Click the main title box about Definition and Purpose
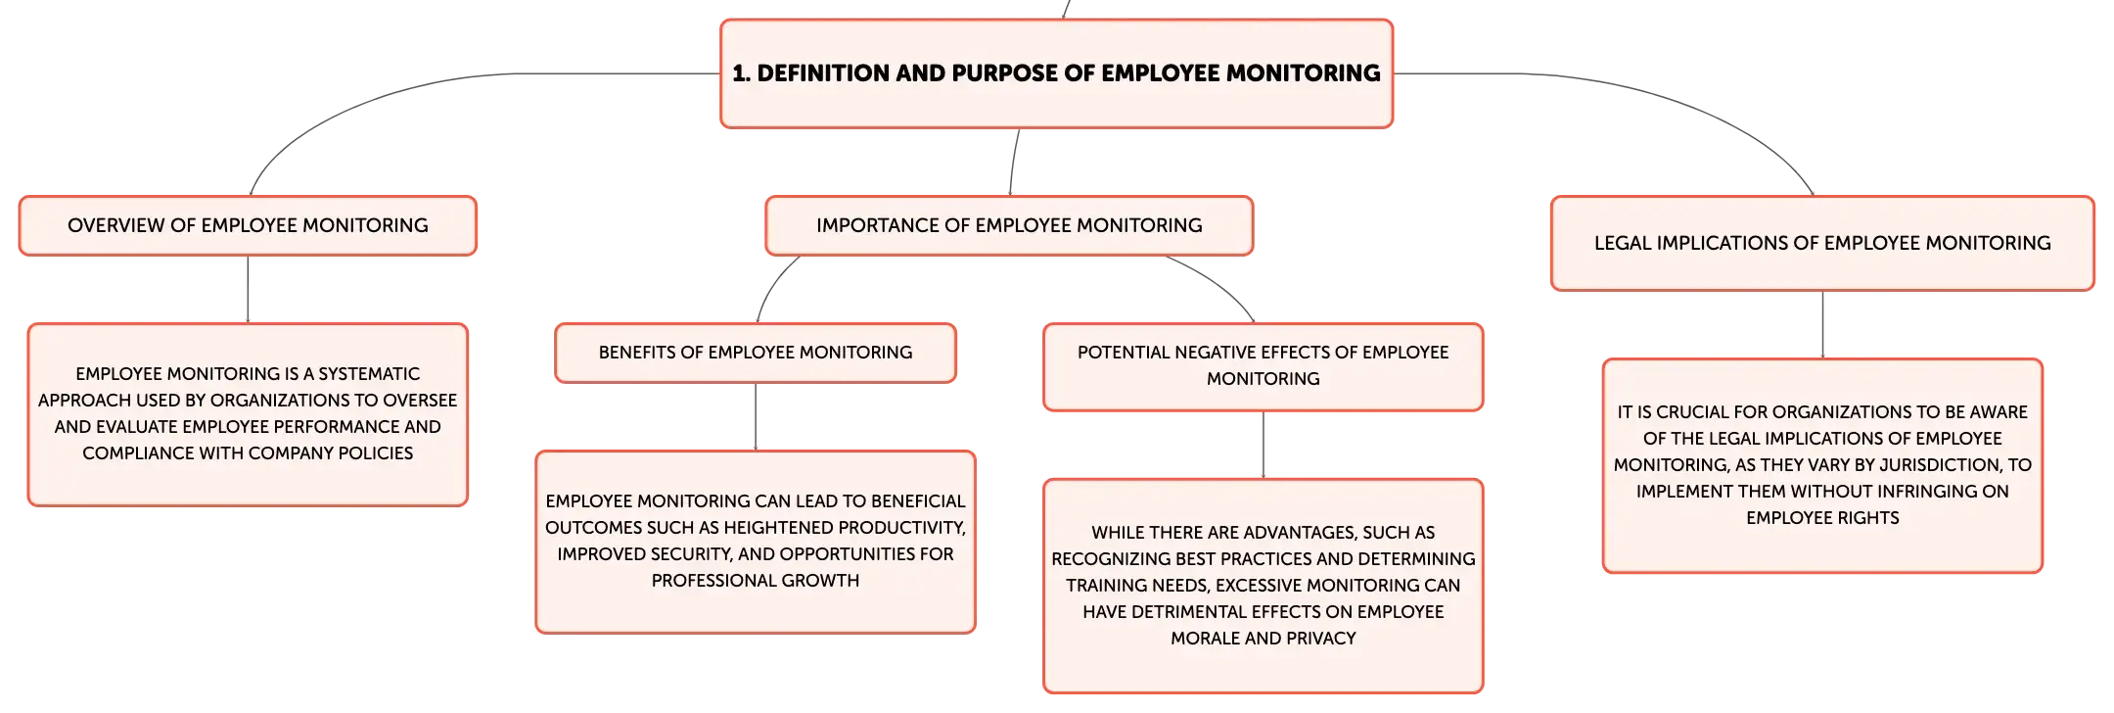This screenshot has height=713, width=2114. [x=1056, y=73]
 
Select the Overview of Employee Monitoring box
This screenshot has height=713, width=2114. [x=248, y=225]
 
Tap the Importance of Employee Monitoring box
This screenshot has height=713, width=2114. [x=1008, y=225]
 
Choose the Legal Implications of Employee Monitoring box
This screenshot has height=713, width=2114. [x=1821, y=243]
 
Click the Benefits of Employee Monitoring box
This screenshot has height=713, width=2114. [x=755, y=353]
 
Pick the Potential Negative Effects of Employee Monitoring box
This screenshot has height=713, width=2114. [x=1263, y=365]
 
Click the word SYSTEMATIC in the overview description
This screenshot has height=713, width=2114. [x=369, y=374]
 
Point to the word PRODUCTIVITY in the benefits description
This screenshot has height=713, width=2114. [x=901, y=528]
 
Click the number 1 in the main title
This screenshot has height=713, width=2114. [x=739, y=73]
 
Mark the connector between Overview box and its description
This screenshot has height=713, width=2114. [x=247, y=290]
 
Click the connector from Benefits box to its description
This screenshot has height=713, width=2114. [x=755, y=415]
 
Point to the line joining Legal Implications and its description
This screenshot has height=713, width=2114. [x=1820, y=325]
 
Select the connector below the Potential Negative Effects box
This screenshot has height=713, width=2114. [x=1264, y=445]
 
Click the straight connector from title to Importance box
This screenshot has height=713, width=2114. [x=1012, y=163]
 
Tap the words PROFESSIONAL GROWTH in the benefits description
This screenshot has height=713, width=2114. [x=755, y=581]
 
